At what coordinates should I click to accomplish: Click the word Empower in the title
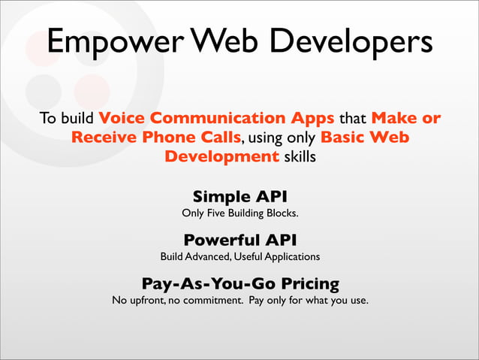pyautogui.click(x=116, y=41)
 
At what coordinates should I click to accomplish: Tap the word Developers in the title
pyautogui.click(x=351, y=41)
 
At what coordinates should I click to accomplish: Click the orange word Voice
pyautogui.click(x=122, y=118)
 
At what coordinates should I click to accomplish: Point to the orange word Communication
pyautogui.click(x=218, y=118)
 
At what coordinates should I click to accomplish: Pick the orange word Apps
pyautogui.click(x=312, y=119)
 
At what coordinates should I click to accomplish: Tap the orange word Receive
pyautogui.click(x=104, y=137)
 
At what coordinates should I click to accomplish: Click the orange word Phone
pyautogui.click(x=168, y=137)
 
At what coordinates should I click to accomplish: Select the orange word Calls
pyautogui.click(x=221, y=137)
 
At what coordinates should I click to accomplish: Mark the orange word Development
pyautogui.click(x=221, y=157)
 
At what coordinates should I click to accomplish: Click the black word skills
pyautogui.click(x=300, y=156)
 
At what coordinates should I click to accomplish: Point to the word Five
pyautogui.click(x=216, y=213)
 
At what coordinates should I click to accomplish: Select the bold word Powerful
pyautogui.click(x=222, y=240)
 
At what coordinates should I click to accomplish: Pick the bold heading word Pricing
pyautogui.click(x=310, y=284)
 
